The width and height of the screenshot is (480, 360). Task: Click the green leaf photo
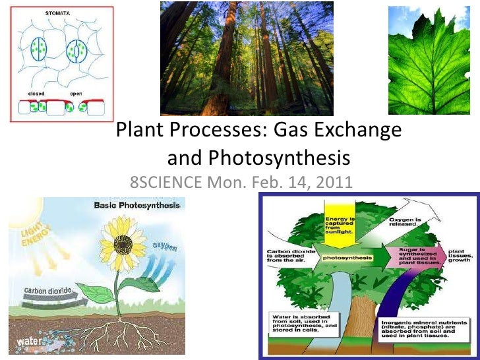pos(433,61)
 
